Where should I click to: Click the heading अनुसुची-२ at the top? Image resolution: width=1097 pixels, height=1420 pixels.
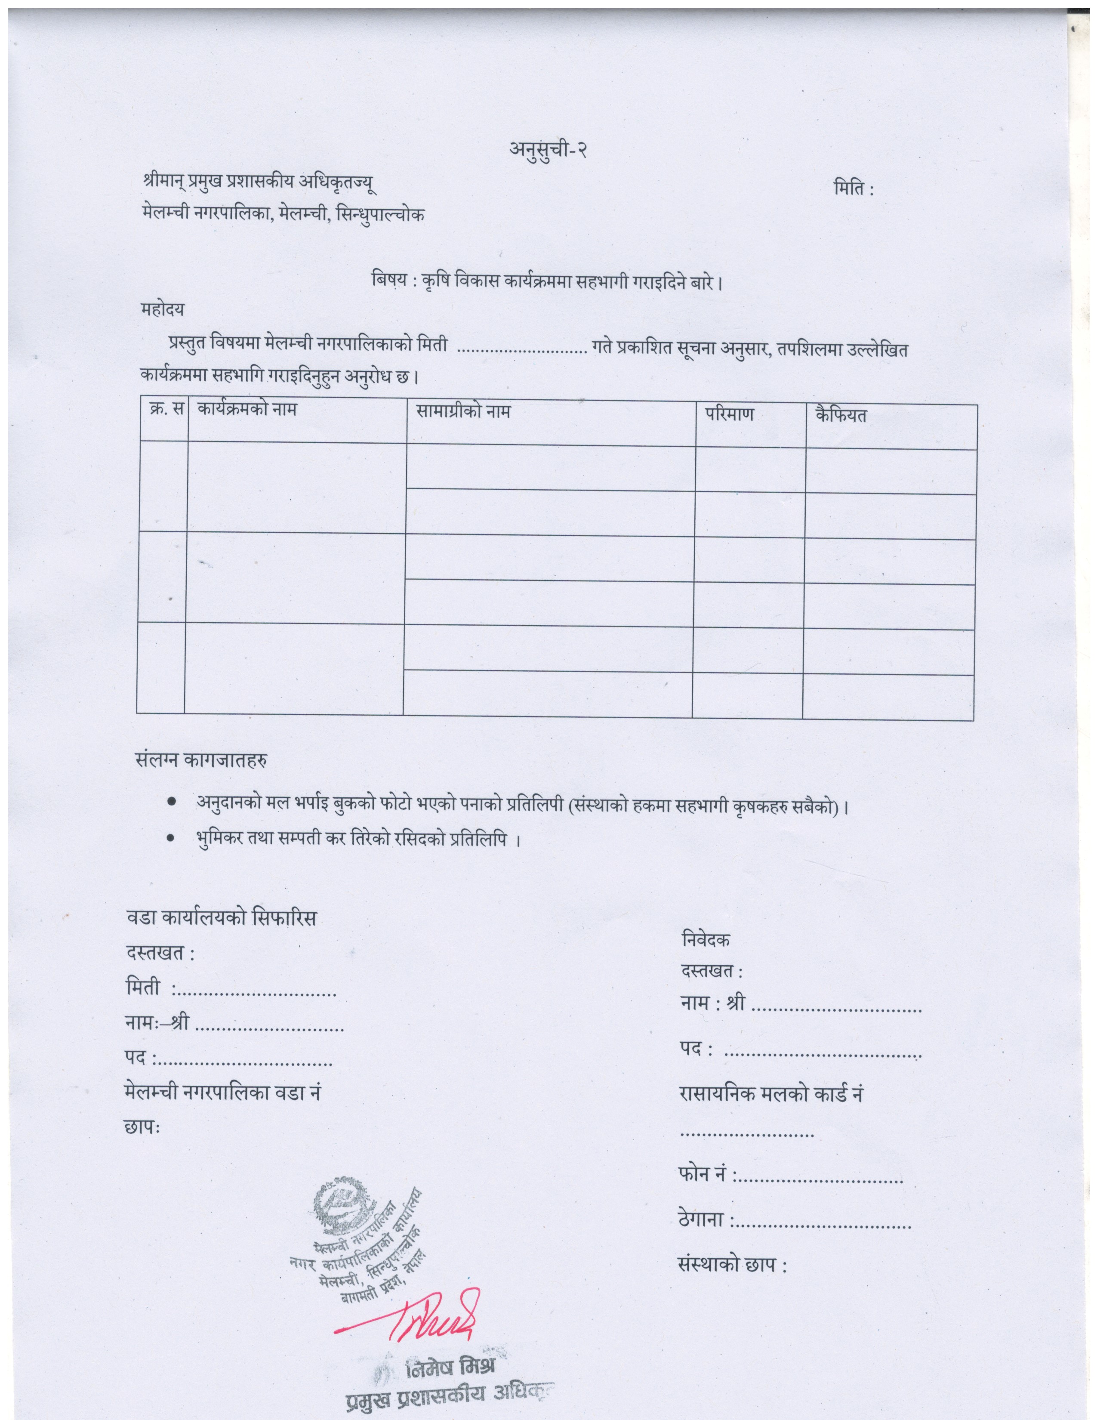pos(548,151)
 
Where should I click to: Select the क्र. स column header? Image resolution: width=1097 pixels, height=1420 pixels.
pos(164,410)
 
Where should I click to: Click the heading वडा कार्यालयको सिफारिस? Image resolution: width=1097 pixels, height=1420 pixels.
pos(221,919)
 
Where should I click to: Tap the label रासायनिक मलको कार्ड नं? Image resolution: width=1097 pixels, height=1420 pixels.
pos(770,1094)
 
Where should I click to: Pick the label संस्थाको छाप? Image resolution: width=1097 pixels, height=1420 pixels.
pos(731,1265)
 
